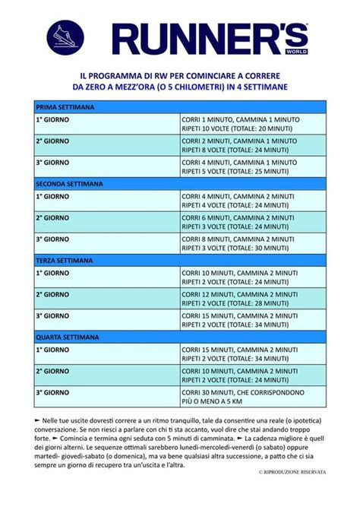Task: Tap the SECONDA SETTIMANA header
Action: point(180,184)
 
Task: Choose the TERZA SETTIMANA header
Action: point(180,260)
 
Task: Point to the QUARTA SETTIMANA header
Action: point(180,336)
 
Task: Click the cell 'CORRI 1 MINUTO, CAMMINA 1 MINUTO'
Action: point(239,120)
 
